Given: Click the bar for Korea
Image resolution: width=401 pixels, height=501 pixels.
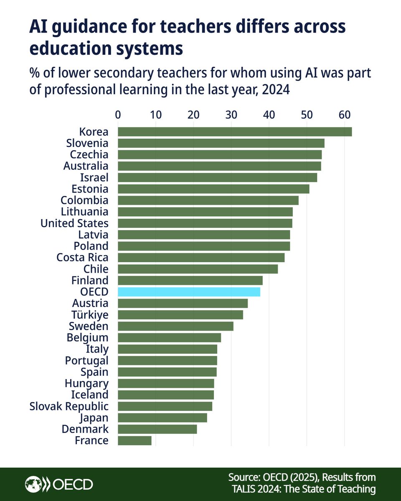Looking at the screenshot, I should click(235, 132).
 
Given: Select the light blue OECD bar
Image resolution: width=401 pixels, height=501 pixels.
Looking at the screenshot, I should click(189, 292).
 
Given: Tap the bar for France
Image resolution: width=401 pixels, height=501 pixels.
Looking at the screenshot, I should click(135, 440).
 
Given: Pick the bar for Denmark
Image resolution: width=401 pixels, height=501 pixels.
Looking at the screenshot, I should click(157, 429).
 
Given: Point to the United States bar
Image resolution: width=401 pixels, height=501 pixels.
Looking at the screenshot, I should click(205, 223).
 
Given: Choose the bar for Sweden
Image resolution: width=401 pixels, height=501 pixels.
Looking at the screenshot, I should click(175, 326).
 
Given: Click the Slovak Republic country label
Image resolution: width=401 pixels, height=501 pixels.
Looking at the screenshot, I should click(69, 406).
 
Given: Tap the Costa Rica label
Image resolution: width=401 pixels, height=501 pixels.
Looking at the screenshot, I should click(82, 258).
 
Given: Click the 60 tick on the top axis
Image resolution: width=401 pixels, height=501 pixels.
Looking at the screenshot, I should click(344, 114).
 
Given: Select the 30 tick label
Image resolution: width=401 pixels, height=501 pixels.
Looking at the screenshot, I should click(231, 114).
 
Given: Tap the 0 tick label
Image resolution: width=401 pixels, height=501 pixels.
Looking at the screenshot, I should click(118, 114).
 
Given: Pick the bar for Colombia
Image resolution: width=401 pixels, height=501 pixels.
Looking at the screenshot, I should click(208, 200).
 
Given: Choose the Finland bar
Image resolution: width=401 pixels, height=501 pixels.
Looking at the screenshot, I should click(190, 281).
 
